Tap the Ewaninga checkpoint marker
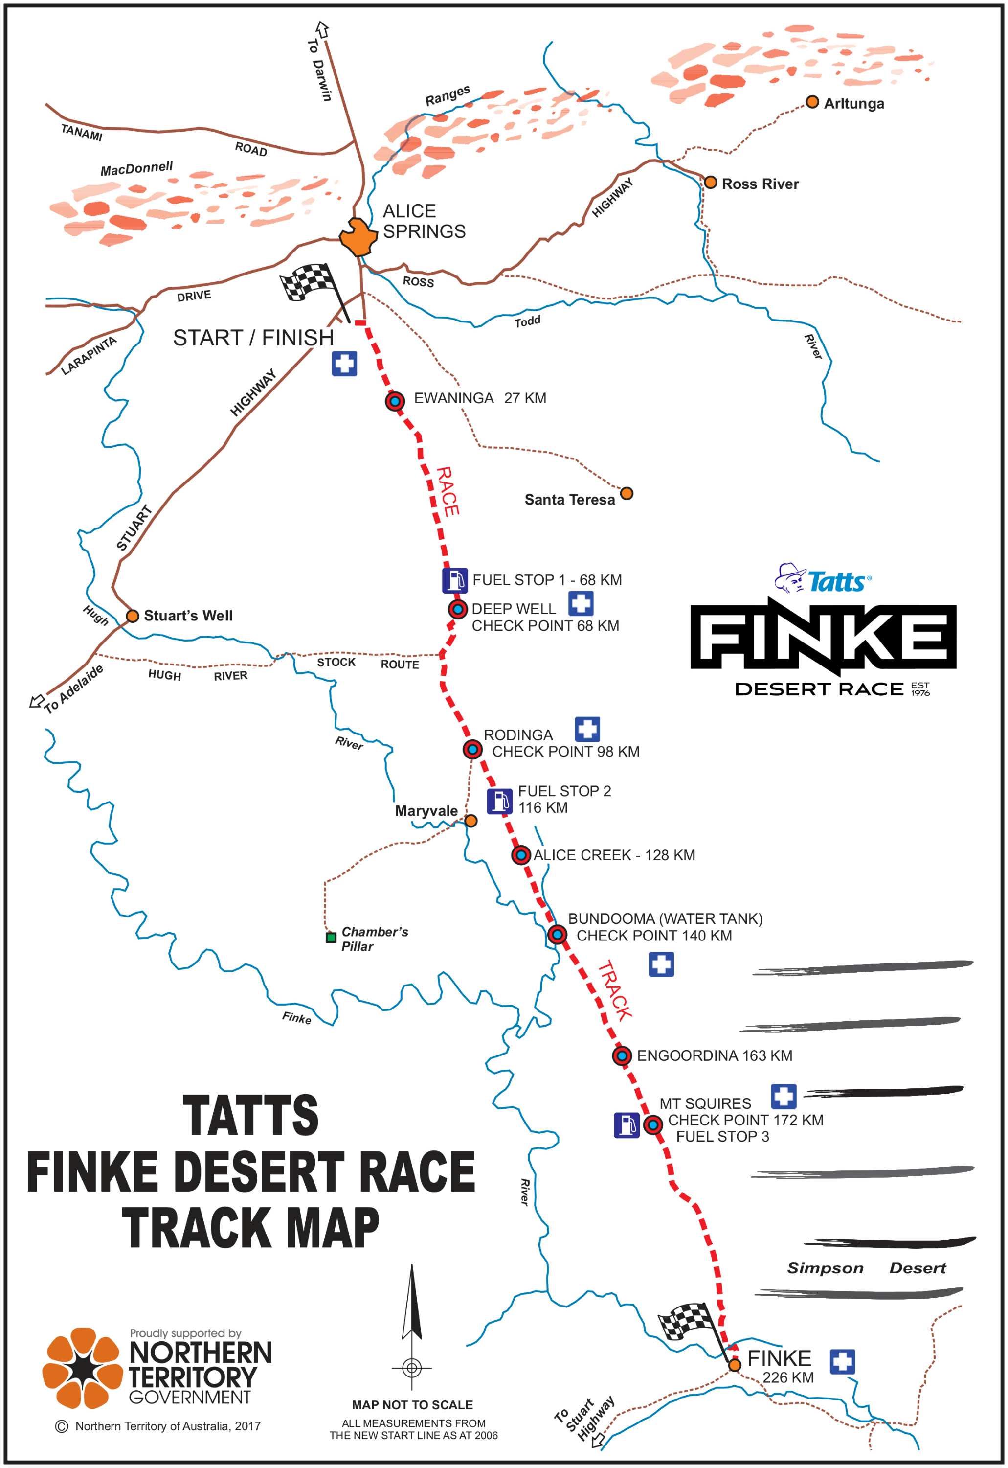tap(395, 401)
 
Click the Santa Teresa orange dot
tap(627, 493)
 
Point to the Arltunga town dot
tap(813, 102)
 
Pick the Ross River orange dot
tap(711, 183)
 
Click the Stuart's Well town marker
tap(133, 616)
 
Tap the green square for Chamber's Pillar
tap(330, 938)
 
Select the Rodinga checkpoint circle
tap(472, 750)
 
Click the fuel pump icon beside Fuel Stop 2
tap(499, 801)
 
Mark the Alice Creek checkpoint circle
tap(520, 856)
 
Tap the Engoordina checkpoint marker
tap(622, 1055)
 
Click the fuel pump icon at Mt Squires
tap(627, 1125)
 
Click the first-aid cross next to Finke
tap(842, 1361)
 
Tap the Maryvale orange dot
tap(471, 821)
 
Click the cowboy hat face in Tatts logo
tap(791, 577)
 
